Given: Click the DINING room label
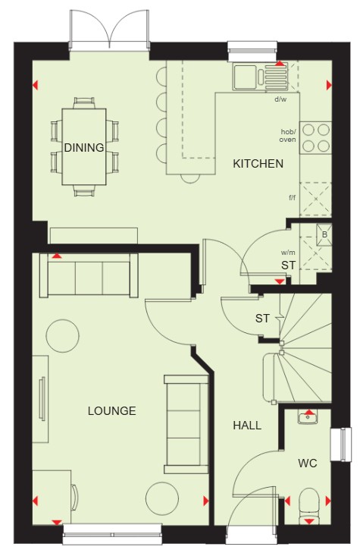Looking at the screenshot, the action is pos(84,147).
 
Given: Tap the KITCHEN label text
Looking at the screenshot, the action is pos(258,164).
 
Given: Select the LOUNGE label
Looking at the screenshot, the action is pos(112,411).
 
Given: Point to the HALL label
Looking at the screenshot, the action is pos(247,426).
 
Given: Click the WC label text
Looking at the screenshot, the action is pos(308,463).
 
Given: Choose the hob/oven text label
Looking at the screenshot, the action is pos(288,136).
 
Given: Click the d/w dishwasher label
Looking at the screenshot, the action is pos(280,99).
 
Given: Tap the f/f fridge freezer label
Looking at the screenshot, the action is pos(293,197).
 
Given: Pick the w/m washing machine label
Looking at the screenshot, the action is pos(288,253).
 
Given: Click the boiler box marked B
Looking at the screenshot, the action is pos(324,234).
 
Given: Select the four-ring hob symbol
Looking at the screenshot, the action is pos(315,137).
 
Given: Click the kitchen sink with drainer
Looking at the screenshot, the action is pos(260,77).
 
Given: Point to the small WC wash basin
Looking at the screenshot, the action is pos(308,416).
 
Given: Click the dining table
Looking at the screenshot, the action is pos(84,146).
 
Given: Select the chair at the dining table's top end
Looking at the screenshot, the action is pos(84,103).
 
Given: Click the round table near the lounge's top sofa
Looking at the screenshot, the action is pos(63,336).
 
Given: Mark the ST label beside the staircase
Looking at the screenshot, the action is pos(262,319).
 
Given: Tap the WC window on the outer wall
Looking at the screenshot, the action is pos(340,445).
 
